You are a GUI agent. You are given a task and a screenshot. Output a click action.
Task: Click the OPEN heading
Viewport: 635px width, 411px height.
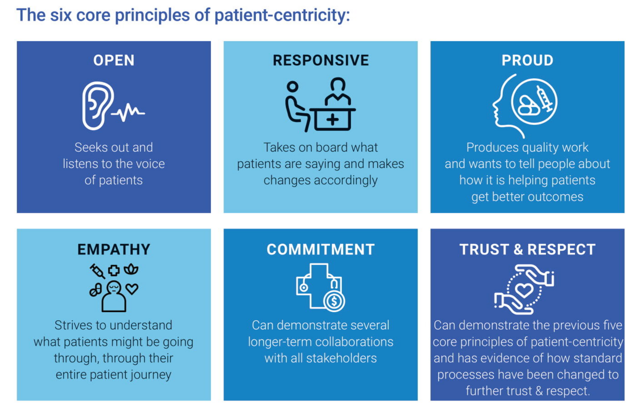(x=114, y=60)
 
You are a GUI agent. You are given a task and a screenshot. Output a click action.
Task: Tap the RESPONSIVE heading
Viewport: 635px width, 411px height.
(x=321, y=60)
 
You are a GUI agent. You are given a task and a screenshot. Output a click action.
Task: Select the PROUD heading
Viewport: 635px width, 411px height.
(x=527, y=60)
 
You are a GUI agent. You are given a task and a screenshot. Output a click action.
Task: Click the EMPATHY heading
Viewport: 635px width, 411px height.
(x=114, y=249)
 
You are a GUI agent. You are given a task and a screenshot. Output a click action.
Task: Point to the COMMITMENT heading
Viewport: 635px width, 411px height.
(x=321, y=249)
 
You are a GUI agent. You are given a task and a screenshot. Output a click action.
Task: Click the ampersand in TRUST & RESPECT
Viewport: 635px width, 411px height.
(x=518, y=249)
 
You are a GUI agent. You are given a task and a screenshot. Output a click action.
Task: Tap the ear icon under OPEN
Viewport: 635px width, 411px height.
(x=97, y=106)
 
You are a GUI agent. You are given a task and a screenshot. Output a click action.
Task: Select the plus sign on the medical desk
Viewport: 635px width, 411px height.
(x=333, y=120)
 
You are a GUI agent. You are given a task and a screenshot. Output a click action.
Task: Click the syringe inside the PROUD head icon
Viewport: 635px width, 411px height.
(x=545, y=98)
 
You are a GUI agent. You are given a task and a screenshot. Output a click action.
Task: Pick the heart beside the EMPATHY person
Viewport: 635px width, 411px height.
(x=132, y=289)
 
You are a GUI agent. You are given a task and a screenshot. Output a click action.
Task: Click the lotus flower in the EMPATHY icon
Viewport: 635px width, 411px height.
(x=131, y=269)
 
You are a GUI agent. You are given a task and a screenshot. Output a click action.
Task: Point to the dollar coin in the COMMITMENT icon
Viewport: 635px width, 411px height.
(x=334, y=300)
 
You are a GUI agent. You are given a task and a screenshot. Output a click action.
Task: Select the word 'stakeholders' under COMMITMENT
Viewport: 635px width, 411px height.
(x=341, y=358)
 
